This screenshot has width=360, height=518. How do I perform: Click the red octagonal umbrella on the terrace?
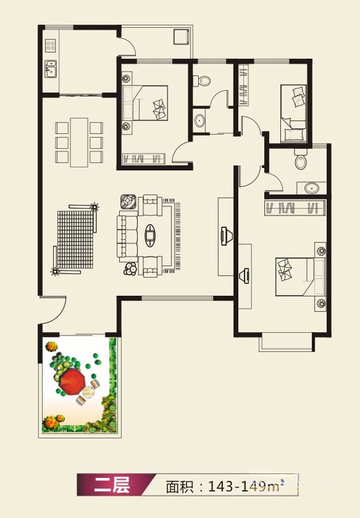click(x=73, y=381)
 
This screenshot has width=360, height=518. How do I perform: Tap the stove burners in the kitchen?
click(x=51, y=45)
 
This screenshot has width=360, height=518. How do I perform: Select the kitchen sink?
click(x=51, y=69)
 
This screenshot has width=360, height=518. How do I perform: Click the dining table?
click(x=79, y=142)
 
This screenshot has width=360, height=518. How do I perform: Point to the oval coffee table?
click(x=150, y=235)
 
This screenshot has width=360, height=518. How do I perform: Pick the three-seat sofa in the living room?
click(x=127, y=236)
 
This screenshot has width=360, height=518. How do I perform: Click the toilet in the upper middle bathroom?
click(x=203, y=80)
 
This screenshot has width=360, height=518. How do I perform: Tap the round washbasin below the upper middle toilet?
click(x=199, y=121)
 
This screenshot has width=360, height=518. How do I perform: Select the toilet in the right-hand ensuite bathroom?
click(x=301, y=159)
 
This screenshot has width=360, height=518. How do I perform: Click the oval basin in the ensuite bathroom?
click(x=311, y=188)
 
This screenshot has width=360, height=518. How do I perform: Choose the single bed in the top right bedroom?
click(x=293, y=114)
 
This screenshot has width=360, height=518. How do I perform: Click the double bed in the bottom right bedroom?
click(x=300, y=277)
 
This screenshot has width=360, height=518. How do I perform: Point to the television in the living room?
click(x=227, y=236)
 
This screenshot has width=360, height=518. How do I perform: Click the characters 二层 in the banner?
click(x=111, y=485)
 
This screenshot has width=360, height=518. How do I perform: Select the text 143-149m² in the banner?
click(x=246, y=486)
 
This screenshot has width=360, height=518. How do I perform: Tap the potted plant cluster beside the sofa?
click(x=130, y=269)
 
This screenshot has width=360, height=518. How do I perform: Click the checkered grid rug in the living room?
click(x=76, y=240)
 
